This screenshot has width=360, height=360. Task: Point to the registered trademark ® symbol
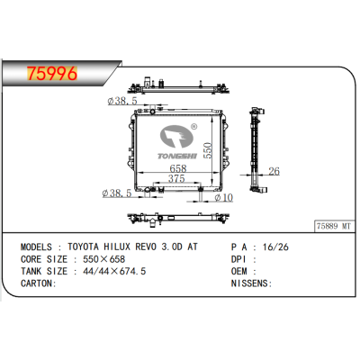(x=193, y=129)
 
